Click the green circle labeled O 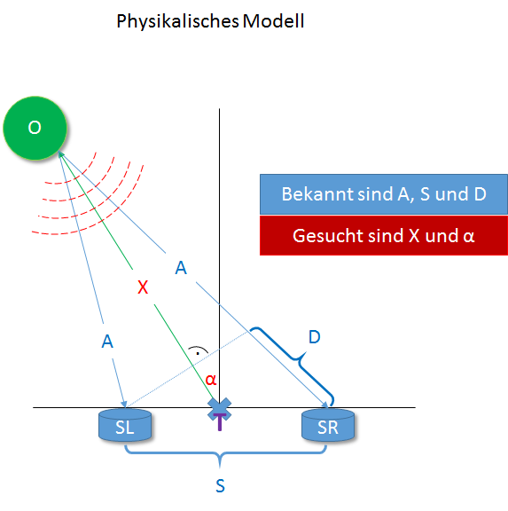point(35,128)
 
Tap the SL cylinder point(125,425)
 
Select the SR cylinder point(328,425)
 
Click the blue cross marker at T point(220,410)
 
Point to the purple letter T point(220,422)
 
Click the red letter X point(143,287)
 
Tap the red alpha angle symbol point(211,380)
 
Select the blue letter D point(315,336)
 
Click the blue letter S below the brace point(220,486)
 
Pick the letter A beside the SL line point(107,342)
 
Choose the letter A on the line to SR point(181,268)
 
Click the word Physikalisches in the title point(178,22)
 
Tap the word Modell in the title point(274,21)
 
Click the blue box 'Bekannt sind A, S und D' point(384,194)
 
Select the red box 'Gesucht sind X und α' point(384,235)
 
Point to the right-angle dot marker point(198,353)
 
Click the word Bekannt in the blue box point(317,194)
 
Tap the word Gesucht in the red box point(328,236)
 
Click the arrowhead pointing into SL point(123,404)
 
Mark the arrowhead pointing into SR point(325,405)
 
